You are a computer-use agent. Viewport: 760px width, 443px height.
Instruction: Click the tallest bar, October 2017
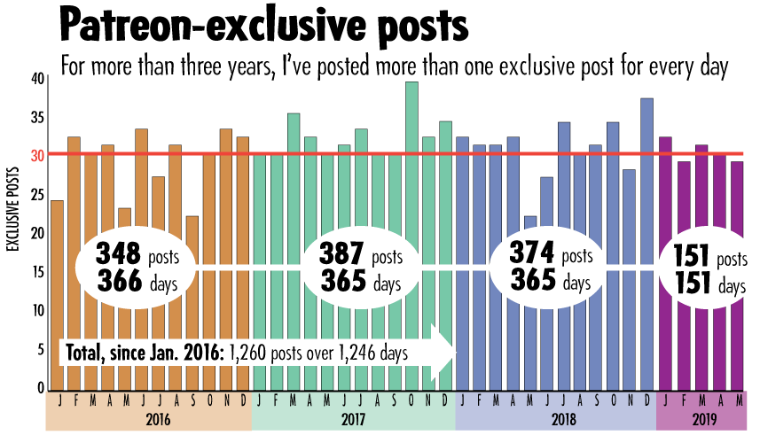pyautogui.click(x=411, y=177)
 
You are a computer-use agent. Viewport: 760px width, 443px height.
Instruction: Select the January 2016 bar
pyautogui.click(x=57, y=292)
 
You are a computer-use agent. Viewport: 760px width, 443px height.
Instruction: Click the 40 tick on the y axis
pyautogui.click(x=36, y=78)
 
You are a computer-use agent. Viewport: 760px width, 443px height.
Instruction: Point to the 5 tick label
pyautogui.click(x=40, y=349)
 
